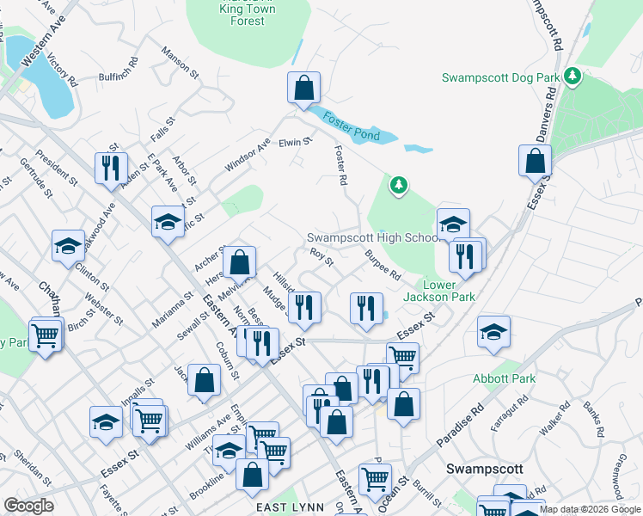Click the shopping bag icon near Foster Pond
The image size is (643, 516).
click(x=303, y=88)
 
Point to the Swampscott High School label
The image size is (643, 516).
click(x=373, y=237)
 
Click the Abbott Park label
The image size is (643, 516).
click(x=504, y=378)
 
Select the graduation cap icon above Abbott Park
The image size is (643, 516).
click(x=493, y=333)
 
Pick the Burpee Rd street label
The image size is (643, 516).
click(x=383, y=266)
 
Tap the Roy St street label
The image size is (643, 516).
click(x=321, y=256)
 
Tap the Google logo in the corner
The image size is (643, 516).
click(x=29, y=506)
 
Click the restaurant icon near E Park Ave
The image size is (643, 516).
click(x=111, y=168)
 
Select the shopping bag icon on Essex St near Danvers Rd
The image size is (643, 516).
click(x=535, y=161)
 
